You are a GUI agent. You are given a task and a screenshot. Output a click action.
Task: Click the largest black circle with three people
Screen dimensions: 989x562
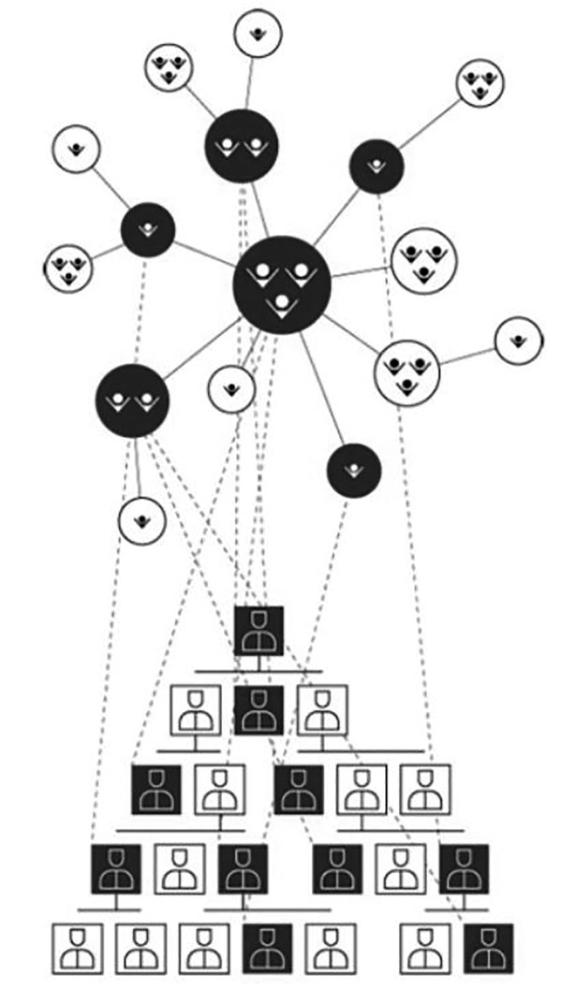tap(281, 284)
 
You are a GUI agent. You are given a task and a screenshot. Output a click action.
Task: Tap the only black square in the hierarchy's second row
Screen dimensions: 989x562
tap(259, 709)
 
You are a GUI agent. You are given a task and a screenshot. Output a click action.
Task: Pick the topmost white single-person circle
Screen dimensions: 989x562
tap(258, 34)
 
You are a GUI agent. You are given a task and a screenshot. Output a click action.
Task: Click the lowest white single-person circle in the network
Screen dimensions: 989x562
tap(141, 520)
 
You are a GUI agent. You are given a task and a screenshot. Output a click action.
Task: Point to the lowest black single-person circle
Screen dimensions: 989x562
tap(353, 471)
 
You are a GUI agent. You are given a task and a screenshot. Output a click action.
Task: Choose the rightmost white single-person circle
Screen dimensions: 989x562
tap(518, 342)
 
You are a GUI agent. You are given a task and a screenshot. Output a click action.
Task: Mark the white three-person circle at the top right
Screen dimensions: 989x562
tap(481, 83)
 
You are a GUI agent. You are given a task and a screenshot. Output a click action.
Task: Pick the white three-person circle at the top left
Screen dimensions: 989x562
tap(170, 67)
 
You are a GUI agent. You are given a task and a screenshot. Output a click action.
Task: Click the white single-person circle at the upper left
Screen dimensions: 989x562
tap(77, 150)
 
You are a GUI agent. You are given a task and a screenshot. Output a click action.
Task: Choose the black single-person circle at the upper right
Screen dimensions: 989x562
tap(377, 167)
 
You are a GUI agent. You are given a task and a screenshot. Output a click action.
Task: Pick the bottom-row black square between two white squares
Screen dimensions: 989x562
tap(267, 948)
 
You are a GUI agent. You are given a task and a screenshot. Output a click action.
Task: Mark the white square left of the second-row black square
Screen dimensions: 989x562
tap(196, 709)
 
